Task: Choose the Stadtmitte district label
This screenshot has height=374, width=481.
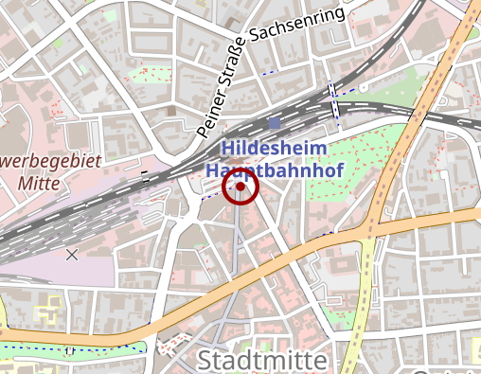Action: pos(262,361)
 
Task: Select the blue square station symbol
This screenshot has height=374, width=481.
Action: pos(275,122)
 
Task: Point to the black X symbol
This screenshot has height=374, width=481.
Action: pos(72,254)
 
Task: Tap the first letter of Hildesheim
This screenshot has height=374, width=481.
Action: pos(227,150)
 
